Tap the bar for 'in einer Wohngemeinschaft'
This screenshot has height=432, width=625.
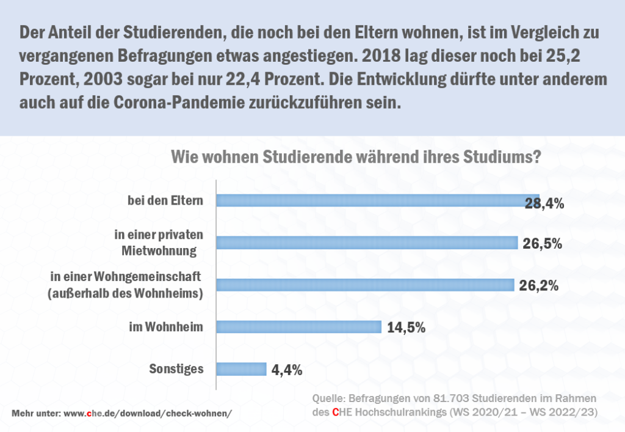coord(366,285)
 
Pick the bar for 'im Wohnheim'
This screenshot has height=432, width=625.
coord(299,327)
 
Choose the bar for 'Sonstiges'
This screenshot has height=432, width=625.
coord(242,368)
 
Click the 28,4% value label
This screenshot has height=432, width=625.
coord(544,203)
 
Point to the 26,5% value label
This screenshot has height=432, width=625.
coord(542,243)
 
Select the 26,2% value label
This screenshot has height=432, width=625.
coord(539,285)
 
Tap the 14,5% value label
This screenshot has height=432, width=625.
coord(406,328)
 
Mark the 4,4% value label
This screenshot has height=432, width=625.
coord(286,369)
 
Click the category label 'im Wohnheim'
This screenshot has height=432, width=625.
coord(165,327)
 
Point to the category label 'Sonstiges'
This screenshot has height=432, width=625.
coord(176,368)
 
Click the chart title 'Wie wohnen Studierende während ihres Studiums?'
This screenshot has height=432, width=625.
coord(355,156)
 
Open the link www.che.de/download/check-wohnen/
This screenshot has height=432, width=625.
coord(148,412)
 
